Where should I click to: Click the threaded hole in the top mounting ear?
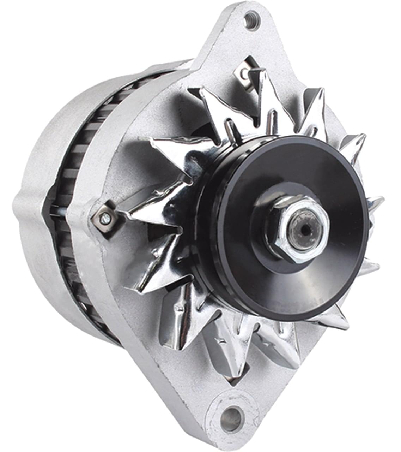coord(251,17)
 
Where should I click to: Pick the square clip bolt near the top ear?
coord(245,72)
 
